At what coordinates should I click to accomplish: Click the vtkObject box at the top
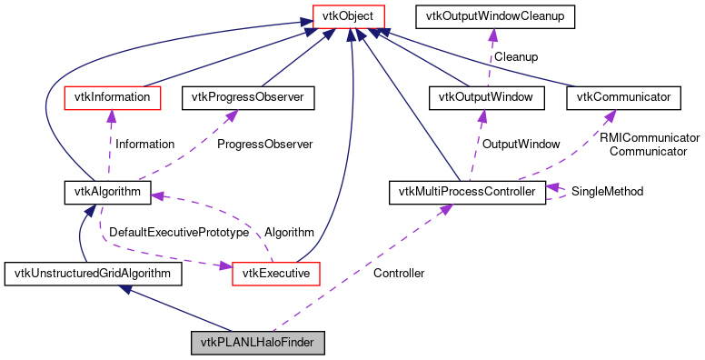pyautogui.click(x=341, y=15)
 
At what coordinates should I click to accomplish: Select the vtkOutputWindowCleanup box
pyautogui.click(x=492, y=15)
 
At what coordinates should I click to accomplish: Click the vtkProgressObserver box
pyautogui.click(x=248, y=95)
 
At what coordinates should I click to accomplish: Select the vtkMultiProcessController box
pyautogui.click(x=467, y=192)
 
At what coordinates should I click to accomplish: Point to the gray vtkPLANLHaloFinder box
pyautogui.click(x=257, y=344)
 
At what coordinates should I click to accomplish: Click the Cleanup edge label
pyautogui.click(x=515, y=56)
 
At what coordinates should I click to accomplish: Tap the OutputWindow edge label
pyautogui.click(x=521, y=144)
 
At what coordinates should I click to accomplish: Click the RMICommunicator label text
pyautogui.click(x=649, y=137)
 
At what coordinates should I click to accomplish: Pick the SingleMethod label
pyautogui.click(x=607, y=192)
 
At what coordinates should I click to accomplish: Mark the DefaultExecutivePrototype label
pyautogui.click(x=179, y=233)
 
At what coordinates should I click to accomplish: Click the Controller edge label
pyautogui.click(x=399, y=273)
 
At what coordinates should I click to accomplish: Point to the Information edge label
pyautogui.click(x=144, y=144)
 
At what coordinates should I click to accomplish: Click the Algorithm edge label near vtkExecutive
pyautogui.click(x=289, y=233)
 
